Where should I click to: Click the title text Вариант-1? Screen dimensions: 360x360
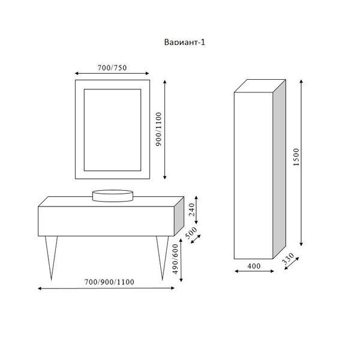(x=184, y=42)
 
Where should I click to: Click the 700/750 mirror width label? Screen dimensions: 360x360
(x=112, y=67)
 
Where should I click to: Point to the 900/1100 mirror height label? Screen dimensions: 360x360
(x=158, y=129)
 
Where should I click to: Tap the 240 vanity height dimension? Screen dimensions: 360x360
(x=192, y=209)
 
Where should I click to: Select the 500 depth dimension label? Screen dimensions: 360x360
(x=191, y=233)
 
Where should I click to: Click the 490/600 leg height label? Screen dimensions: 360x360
(x=175, y=259)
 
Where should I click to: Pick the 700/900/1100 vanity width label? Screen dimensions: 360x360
(x=109, y=282)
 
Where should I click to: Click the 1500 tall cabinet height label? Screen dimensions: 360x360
(x=296, y=157)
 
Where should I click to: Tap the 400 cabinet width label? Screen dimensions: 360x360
(x=254, y=266)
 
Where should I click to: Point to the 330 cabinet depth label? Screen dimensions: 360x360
(x=287, y=259)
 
